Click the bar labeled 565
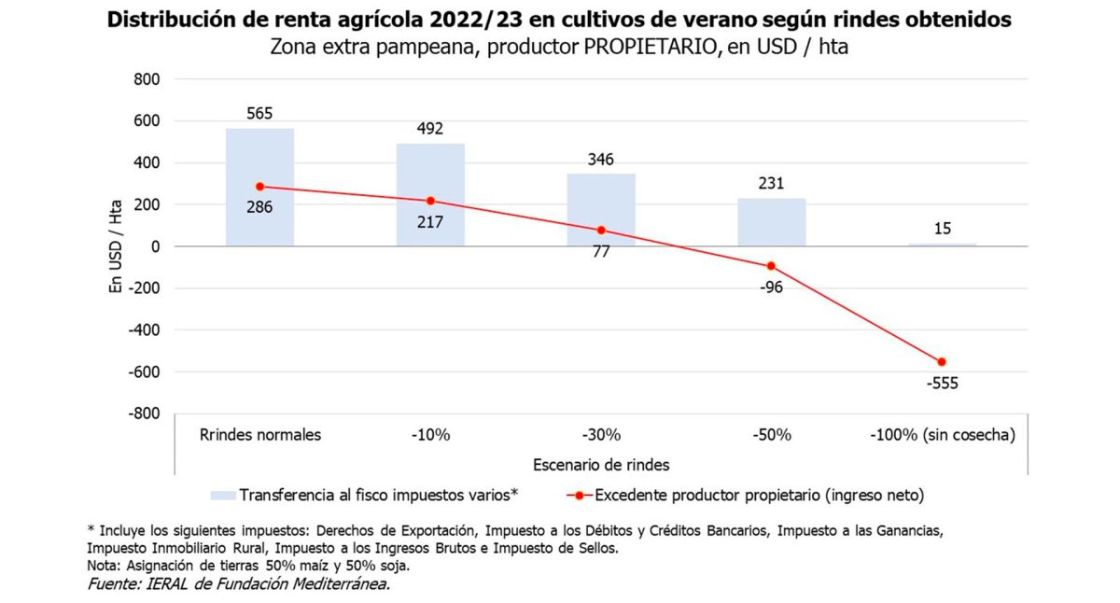[259, 187]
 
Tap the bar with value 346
[601, 210]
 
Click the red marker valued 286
[259, 187]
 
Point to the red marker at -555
[942, 362]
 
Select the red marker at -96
[772, 266]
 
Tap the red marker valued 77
[601, 230]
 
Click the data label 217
[430, 222]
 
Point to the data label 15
[943, 228]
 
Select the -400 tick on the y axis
[145, 330]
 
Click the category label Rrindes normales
[260, 435]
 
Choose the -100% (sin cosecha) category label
[942, 435]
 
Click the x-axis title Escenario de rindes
[601, 464]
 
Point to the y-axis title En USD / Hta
[116, 246]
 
